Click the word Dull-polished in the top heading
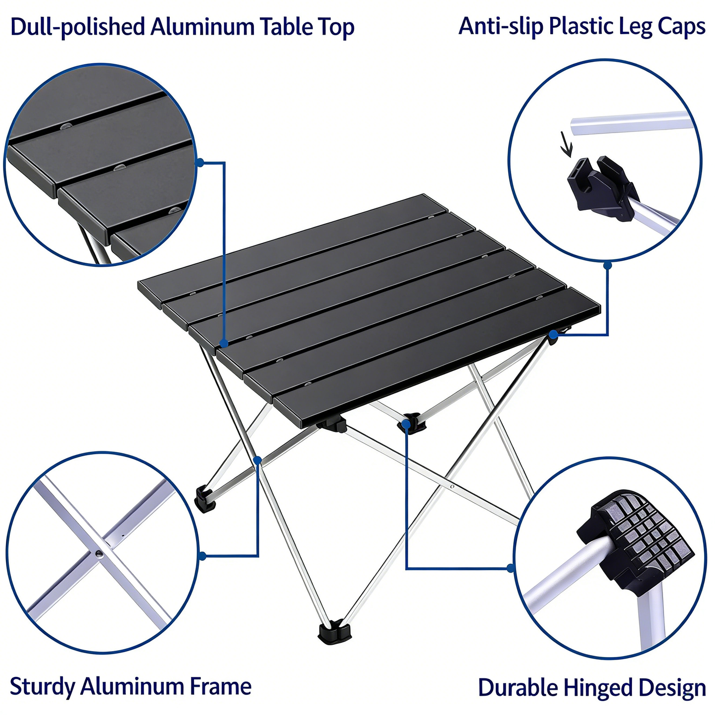[77, 27]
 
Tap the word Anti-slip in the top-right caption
[501, 26]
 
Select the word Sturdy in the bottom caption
[42, 687]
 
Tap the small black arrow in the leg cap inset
[566, 143]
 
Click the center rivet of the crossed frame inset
[99, 553]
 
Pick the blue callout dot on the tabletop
[224, 343]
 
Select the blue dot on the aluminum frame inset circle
[202, 556]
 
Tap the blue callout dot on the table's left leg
[257, 460]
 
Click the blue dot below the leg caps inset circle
[608, 266]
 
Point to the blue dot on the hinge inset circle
[511, 568]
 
